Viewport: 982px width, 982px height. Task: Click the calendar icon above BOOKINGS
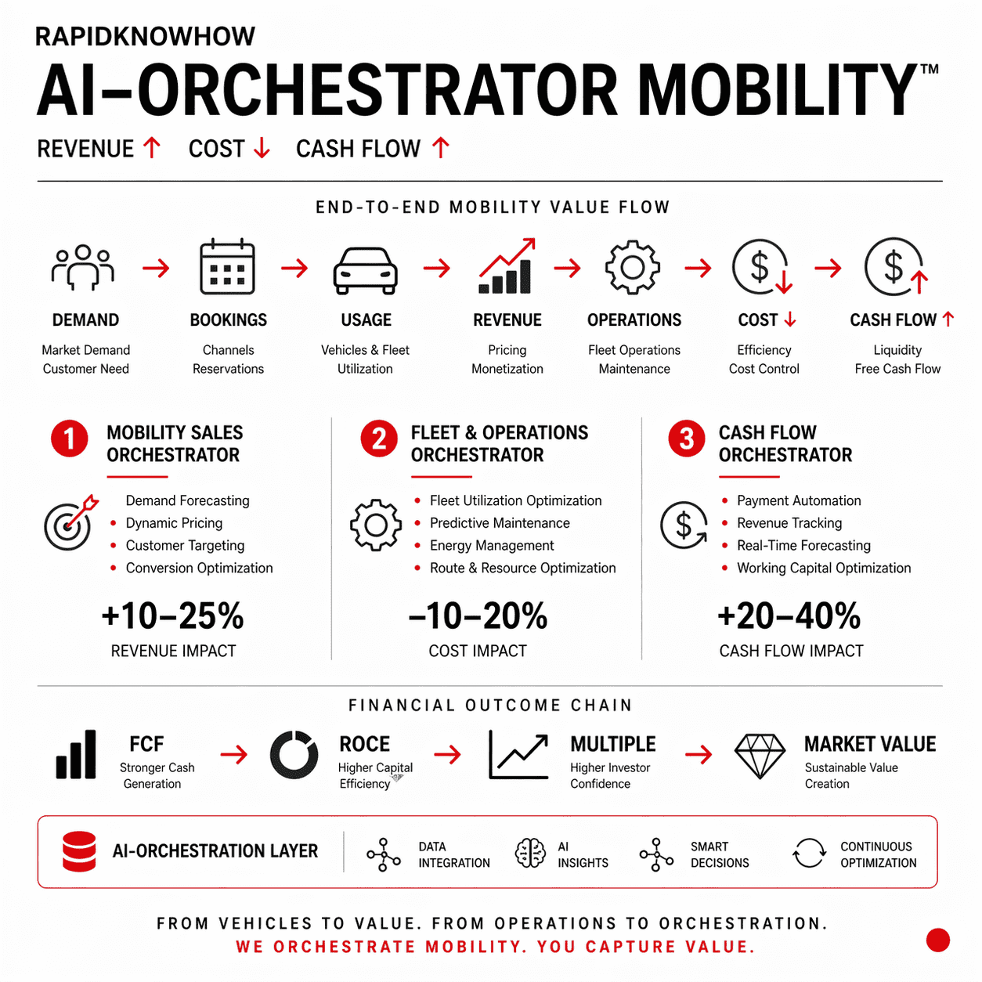pos(227,267)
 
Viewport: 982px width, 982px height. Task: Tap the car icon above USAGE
pos(366,270)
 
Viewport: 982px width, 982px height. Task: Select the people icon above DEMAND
pos(83,267)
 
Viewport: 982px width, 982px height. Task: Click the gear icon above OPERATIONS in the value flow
pos(633,268)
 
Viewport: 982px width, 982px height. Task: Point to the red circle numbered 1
pos(70,439)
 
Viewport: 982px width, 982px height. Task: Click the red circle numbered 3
pos(687,439)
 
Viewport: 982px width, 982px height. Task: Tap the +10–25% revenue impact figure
pos(173,616)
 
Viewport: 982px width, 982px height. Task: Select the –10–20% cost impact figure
pos(478,616)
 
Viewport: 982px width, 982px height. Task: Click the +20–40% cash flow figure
pos(789,616)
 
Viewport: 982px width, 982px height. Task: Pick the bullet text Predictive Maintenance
pos(500,523)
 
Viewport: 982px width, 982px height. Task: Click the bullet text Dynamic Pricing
pos(174,523)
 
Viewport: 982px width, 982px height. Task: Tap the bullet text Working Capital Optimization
pos(824,568)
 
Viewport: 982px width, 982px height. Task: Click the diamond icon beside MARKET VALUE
pos(760,756)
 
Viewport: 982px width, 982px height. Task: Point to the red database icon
pos(79,851)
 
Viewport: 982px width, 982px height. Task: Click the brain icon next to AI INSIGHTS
pos(530,853)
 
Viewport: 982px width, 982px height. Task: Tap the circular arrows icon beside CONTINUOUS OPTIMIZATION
pos(809,853)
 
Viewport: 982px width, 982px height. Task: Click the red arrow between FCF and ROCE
pos(233,755)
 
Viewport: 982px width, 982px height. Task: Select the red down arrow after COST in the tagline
pos(262,148)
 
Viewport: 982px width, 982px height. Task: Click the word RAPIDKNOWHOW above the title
pos(145,37)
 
